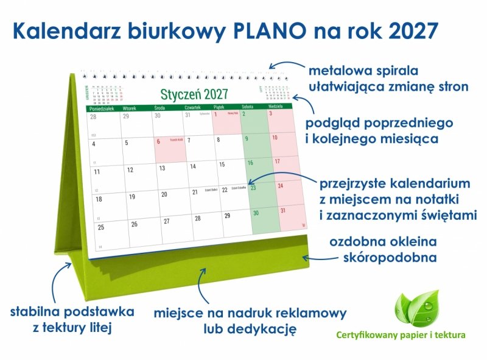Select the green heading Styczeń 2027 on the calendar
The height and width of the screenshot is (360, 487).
tap(194, 94)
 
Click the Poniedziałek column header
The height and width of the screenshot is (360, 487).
tap(102, 107)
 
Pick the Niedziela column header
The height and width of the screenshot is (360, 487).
tap(277, 106)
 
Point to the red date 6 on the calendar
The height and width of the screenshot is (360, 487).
tap(159, 141)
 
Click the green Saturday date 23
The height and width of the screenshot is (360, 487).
tap(253, 188)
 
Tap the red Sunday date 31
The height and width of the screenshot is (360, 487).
tap(282, 211)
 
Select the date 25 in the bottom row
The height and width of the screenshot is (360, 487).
tap(101, 227)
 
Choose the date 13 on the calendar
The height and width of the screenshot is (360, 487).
tap(161, 168)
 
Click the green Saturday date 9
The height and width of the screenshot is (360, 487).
tap(247, 138)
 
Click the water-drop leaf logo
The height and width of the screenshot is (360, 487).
tap(416, 308)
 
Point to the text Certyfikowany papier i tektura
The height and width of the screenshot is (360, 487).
tap(401, 335)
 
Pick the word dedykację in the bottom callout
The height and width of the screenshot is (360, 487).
tap(267, 330)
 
